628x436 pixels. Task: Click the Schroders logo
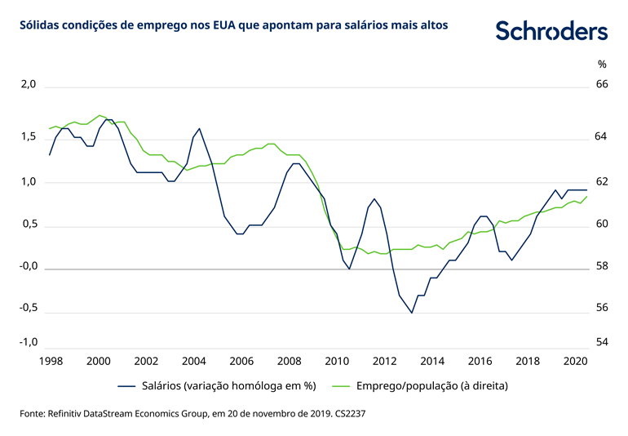pos(551,31)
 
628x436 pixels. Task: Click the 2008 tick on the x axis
pos(289,360)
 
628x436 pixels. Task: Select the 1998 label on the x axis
pos(51,360)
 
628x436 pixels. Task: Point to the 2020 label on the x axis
pos(574,360)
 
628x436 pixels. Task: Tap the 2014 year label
pos(431,360)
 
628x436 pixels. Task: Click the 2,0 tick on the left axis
pos(28,85)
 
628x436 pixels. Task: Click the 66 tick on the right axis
pos(602,85)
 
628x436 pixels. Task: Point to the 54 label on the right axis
pos(602,342)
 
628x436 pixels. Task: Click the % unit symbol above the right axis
pos(602,64)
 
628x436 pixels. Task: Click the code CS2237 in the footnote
pos(353,415)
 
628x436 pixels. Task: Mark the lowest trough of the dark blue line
pos(412,313)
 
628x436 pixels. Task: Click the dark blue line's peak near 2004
pos(199,128)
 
